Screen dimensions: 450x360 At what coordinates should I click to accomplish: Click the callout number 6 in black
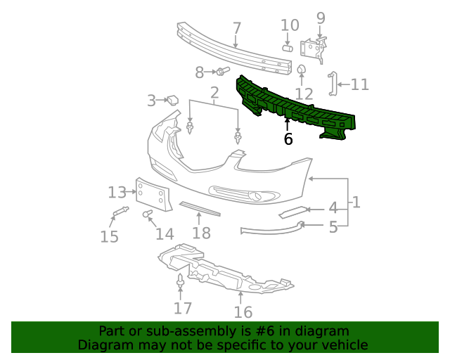tap(288, 139)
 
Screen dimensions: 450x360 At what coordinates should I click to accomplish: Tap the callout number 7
tap(237, 29)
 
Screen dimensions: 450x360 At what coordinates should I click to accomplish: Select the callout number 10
tap(290, 26)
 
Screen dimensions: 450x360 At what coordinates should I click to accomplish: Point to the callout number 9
tap(321, 18)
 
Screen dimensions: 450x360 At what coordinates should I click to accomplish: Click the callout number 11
tap(359, 85)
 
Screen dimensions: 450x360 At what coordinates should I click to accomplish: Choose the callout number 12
tap(304, 94)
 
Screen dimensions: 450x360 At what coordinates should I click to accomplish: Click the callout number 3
tap(151, 101)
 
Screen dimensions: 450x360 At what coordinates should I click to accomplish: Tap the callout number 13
tap(117, 192)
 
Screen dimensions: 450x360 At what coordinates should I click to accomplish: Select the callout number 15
tap(109, 236)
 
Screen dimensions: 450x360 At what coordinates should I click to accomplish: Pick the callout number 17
tap(182, 308)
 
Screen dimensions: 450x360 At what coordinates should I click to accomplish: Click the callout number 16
tap(243, 312)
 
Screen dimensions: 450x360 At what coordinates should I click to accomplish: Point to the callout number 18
tap(202, 233)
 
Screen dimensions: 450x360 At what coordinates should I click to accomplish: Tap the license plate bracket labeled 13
tap(153, 194)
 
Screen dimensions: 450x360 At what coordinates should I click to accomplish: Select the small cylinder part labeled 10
tap(288, 48)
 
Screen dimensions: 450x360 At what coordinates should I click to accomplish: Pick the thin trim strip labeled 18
tap(200, 210)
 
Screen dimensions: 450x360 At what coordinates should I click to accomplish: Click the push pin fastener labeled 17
tap(181, 283)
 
